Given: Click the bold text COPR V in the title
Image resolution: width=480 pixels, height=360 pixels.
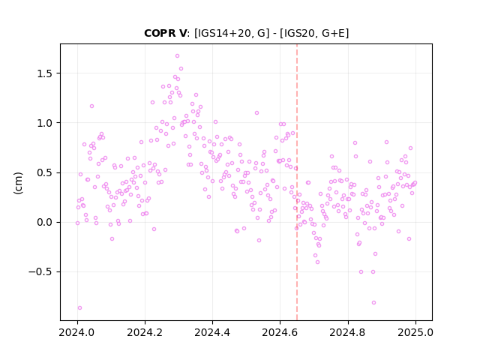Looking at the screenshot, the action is click(165, 33).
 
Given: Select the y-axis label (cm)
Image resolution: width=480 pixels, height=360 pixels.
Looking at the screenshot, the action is click(18, 183).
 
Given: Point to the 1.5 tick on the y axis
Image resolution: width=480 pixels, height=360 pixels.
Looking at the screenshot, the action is click(45, 73).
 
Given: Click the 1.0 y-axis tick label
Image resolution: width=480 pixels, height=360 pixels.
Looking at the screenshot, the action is click(45, 123).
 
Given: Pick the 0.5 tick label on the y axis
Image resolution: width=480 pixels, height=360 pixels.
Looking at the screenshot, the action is click(45, 172).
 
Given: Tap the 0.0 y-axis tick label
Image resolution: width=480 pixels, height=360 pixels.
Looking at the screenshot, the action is click(45, 222).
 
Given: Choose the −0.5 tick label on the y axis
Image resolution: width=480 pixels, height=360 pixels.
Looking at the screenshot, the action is click(41, 271).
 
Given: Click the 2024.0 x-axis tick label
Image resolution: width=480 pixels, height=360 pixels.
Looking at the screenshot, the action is click(77, 332).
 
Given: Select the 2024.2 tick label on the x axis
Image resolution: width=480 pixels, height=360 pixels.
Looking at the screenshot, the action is click(145, 332).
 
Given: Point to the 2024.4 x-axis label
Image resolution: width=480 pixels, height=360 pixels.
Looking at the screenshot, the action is click(212, 332).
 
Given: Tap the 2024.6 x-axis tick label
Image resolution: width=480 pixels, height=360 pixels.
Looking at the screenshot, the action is click(280, 332).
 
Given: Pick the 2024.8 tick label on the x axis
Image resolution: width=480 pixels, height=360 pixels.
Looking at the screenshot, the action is click(348, 332).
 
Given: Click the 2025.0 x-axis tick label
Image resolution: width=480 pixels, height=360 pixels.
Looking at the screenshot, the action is click(415, 332).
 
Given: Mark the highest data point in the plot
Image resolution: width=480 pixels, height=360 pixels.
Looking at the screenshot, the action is click(177, 56).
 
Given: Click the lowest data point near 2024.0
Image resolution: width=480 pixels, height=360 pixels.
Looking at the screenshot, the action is click(80, 308).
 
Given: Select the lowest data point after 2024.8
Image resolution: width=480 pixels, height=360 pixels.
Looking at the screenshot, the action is click(373, 303).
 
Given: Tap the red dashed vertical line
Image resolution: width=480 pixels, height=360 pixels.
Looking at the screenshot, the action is click(297, 182).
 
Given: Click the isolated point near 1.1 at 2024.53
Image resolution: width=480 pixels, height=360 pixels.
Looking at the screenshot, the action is click(256, 113).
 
